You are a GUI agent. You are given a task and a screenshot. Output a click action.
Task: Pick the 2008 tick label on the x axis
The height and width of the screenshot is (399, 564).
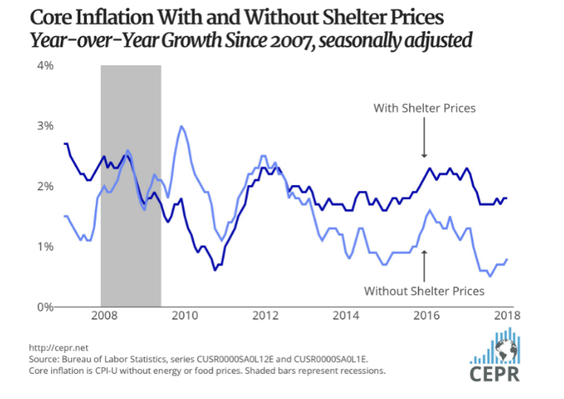(101, 315)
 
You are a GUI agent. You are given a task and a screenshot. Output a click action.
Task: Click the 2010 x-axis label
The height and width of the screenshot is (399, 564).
(183, 315)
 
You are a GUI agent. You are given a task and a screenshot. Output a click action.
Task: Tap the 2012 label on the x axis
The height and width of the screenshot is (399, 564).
(264, 315)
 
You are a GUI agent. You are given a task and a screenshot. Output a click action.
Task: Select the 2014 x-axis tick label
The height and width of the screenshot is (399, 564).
(346, 315)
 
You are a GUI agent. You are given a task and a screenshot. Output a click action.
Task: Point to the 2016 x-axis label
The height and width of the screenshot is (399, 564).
(427, 315)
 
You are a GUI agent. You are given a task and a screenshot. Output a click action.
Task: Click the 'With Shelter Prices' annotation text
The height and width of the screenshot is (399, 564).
(424, 108)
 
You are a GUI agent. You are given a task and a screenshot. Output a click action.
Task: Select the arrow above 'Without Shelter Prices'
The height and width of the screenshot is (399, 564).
(424, 264)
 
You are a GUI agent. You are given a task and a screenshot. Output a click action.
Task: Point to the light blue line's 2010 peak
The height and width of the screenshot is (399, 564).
(182, 126)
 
